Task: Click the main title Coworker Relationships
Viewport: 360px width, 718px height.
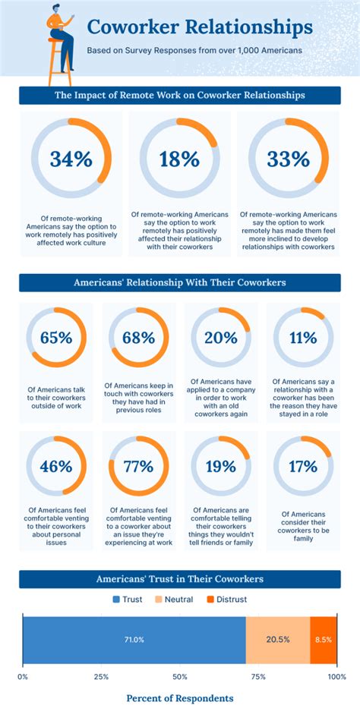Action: point(199,27)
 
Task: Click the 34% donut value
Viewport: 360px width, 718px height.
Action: point(71,159)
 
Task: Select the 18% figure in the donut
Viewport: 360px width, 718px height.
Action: point(179,159)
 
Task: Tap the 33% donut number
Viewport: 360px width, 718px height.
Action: point(289,159)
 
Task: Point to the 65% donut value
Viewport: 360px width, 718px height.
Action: point(56,338)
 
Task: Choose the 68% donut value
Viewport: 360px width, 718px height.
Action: point(138,338)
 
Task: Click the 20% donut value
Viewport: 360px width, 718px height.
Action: point(221,338)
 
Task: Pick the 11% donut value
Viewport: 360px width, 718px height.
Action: point(303,338)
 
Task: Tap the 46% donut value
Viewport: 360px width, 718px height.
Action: point(56,466)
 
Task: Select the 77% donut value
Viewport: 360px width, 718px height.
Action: point(138,466)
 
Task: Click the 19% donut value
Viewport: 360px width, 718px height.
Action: point(221,466)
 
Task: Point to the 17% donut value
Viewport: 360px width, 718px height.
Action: point(303,466)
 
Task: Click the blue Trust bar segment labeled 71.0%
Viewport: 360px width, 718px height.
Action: point(134,639)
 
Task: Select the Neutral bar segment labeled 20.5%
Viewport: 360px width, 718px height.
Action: point(278,639)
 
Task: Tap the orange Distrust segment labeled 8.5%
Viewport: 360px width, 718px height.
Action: point(323,639)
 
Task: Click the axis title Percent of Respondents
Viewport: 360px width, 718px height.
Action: point(180,698)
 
